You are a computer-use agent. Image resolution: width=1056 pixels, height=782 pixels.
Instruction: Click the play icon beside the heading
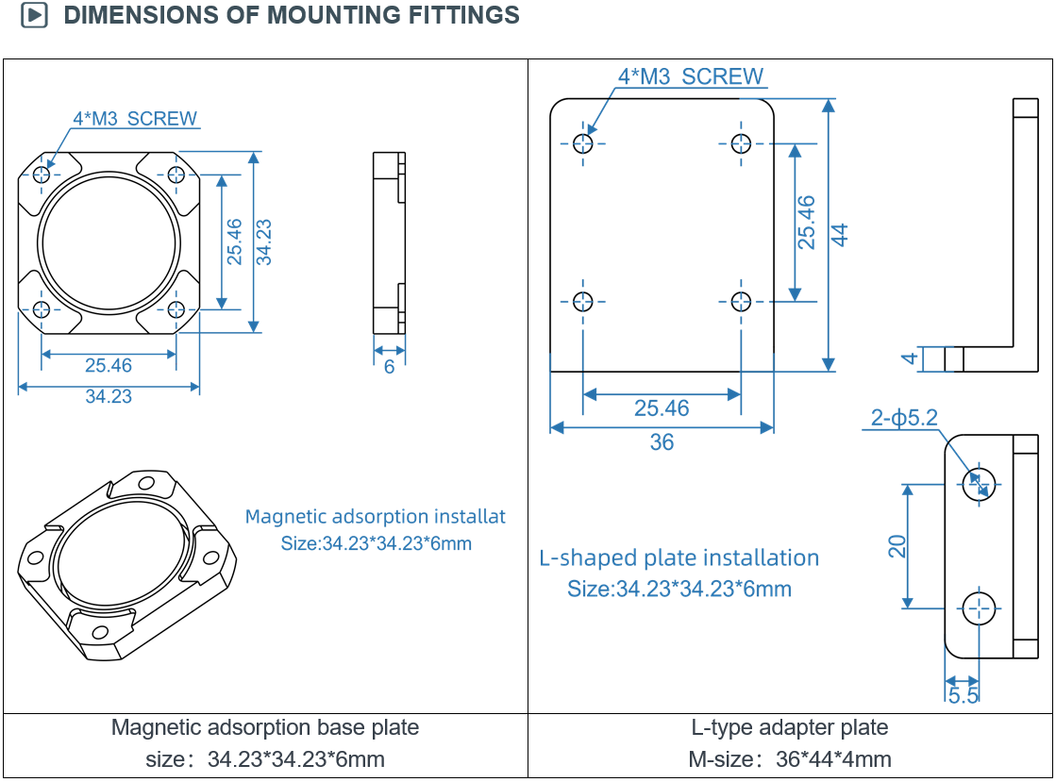coord(34,15)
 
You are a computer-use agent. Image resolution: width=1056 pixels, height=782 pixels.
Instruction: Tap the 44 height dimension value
coord(839,235)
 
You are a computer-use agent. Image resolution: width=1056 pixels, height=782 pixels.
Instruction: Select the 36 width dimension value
coord(662,442)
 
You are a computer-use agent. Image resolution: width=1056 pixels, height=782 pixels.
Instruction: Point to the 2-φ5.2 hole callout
coord(904,417)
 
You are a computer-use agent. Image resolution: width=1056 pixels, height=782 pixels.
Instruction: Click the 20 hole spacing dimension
coord(897,546)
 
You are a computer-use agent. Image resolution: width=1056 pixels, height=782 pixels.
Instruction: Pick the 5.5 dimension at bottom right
coord(964,695)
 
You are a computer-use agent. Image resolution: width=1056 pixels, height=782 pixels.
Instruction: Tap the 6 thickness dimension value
coord(389,367)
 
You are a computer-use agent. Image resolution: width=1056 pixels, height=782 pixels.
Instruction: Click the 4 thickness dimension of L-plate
coord(910,358)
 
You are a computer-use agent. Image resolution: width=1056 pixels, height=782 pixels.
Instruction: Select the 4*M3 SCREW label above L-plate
coord(691,76)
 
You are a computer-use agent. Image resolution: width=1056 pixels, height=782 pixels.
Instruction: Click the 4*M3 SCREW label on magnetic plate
coord(135,119)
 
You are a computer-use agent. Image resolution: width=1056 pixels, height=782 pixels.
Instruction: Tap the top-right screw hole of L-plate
coord(741,143)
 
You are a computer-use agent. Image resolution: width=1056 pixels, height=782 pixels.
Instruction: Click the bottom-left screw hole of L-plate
coord(583,302)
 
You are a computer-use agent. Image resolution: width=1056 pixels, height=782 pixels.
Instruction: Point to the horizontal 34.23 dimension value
coord(109,396)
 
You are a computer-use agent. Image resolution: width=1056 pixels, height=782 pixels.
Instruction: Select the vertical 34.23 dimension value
coord(263,242)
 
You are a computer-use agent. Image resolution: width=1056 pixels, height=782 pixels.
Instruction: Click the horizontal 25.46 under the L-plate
coord(662,408)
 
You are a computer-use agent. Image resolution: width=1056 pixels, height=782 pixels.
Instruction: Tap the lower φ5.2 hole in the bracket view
coord(980,608)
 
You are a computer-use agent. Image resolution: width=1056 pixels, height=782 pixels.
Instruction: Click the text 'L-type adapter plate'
coord(789,727)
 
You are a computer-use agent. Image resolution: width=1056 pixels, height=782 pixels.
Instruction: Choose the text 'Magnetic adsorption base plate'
coord(264,727)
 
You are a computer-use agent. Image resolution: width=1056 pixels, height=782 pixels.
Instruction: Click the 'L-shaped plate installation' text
coord(679,557)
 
